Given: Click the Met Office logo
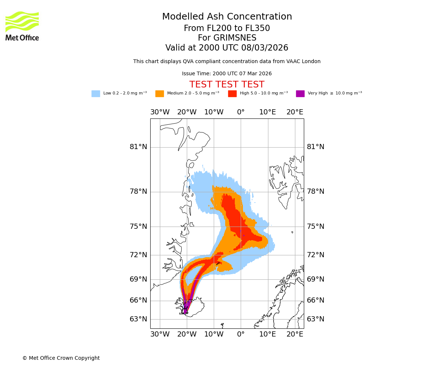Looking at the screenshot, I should click(x=22, y=26).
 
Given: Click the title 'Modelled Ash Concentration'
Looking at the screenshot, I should click(x=227, y=17).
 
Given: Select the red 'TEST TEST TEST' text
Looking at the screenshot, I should click(x=227, y=85).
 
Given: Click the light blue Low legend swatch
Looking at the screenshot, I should click(x=96, y=94).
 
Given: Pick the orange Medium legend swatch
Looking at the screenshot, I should click(x=159, y=94).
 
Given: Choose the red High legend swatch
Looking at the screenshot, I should click(x=232, y=94).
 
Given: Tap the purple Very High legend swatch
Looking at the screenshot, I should click(x=300, y=94).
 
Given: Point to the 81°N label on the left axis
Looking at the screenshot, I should click(x=138, y=147).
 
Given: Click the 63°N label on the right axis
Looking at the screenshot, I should click(x=316, y=319).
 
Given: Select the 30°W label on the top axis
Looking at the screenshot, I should click(x=160, y=112).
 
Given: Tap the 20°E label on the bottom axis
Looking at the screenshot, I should click(x=295, y=334).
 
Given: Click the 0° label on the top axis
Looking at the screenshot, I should click(x=241, y=112).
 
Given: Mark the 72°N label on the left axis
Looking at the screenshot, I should click(x=138, y=255).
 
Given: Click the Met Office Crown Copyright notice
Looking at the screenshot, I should click(x=61, y=358).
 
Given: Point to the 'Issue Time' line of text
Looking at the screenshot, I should click(x=227, y=74).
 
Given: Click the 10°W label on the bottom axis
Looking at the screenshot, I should click(x=214, y=334).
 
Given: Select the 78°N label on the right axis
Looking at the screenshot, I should click(x=316, y=192).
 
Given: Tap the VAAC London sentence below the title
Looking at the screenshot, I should click(x=227, y=62).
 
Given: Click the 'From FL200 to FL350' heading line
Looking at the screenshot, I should click(x=227, y=28).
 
